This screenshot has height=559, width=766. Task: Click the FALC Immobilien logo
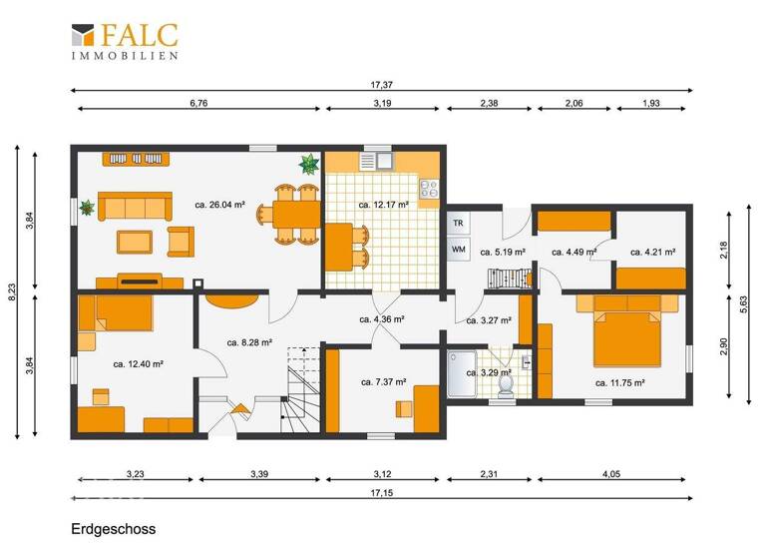click(x=125, y=42)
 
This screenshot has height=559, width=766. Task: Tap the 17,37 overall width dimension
click(x=383, y=87)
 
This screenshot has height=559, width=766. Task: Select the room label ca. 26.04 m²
click(x=220, y=206)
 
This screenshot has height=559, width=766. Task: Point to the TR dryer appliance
click(x=458, y=223)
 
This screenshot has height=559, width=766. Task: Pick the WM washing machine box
click(x=458, y=249)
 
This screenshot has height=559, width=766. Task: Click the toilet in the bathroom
click(x=506, y=383)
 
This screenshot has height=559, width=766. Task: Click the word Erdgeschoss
click(x=114, y=528)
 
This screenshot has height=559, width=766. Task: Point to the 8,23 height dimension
click(x=11, y=291)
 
